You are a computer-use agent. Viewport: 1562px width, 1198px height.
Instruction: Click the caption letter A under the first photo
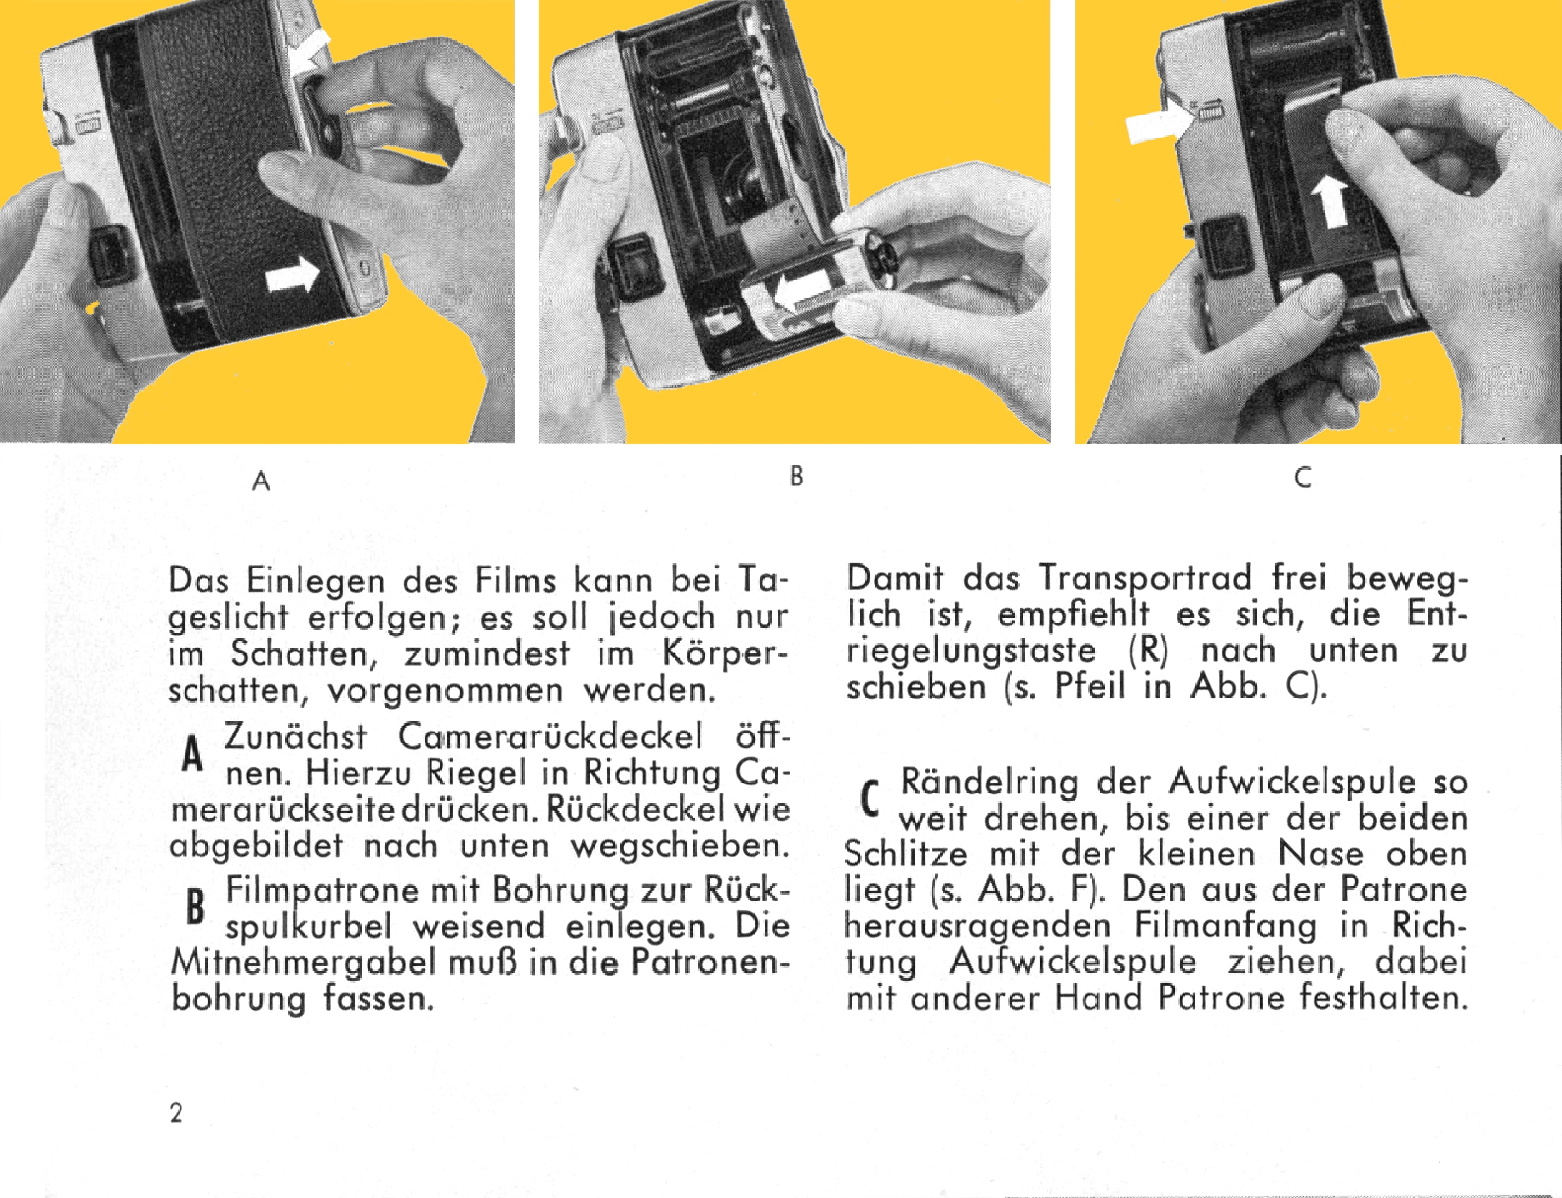(x=262, y=482)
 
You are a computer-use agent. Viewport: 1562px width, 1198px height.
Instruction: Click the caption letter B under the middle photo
(x=797, y=476)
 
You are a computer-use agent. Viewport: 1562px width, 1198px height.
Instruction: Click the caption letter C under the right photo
(x=1303, y=478)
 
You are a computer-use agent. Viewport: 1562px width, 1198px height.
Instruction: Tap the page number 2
(x=176, y=1113)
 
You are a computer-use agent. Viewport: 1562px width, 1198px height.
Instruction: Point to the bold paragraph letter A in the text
(x=190, y=754)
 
